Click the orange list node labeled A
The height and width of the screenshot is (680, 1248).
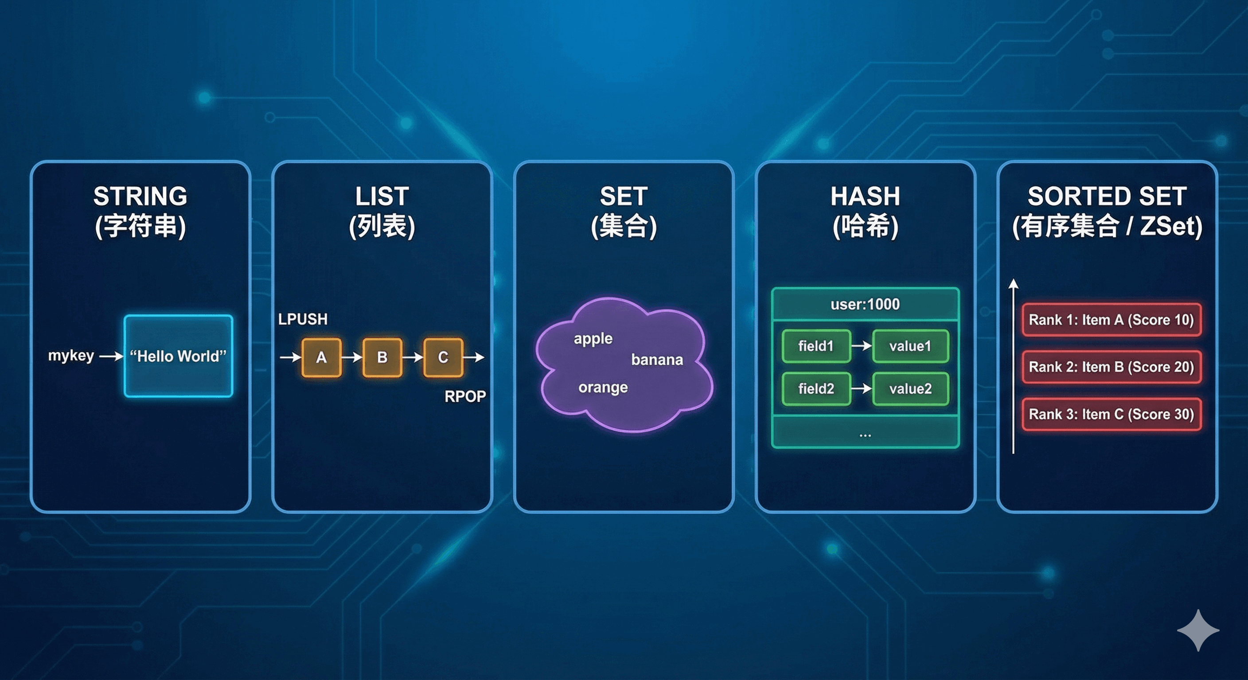point(321,358)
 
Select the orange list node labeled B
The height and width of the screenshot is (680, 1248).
point(382,358)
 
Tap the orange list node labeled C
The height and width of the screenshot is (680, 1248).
point(443,358)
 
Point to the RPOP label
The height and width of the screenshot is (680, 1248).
point(465,397)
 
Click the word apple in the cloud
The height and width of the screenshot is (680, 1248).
point(593,339)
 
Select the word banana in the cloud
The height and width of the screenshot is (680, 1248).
point(657,360)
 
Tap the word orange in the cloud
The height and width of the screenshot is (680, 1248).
point(603,388)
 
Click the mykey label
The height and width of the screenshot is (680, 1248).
point(71,356)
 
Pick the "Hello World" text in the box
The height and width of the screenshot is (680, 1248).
point(178,357)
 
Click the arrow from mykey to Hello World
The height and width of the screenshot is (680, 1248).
point(111,357)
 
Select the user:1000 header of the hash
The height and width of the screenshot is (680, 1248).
point(865,305)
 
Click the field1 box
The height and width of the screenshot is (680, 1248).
point(816,346)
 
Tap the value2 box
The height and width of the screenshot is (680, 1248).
point(910,389)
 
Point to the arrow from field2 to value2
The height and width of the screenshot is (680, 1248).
point(862,389)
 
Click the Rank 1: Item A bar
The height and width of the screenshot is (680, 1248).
point(1111,320)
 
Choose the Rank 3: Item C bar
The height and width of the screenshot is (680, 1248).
point(1111,414)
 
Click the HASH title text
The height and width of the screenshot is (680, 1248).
point(865,197)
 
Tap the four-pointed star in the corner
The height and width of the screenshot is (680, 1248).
point(1198,630)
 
